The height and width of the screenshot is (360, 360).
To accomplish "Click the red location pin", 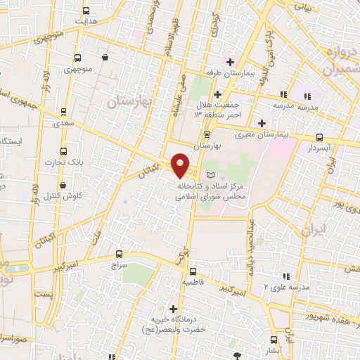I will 180,165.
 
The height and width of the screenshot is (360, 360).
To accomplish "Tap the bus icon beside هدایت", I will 86,11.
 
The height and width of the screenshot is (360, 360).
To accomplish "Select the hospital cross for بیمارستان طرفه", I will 231,63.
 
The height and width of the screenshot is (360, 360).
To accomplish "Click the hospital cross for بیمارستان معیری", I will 261,123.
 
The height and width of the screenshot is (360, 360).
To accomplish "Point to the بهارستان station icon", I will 207,134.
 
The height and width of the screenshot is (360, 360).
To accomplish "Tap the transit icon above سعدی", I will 64,111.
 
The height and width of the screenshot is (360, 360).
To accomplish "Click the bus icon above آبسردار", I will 320,137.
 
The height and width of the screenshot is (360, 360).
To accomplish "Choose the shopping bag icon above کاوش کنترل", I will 63,186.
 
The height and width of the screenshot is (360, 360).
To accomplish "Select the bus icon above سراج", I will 119,255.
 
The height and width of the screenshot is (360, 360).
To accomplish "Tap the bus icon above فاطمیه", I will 193,271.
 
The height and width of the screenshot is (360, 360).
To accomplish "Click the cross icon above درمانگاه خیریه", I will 174,308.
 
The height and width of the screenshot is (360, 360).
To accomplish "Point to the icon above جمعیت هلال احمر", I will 217,94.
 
